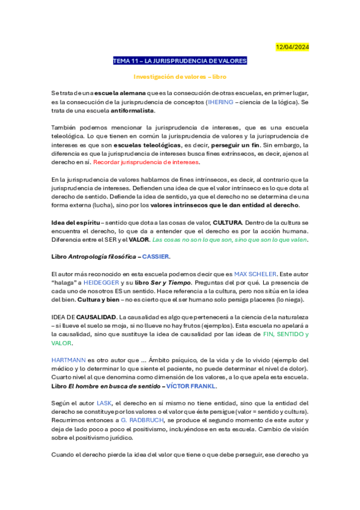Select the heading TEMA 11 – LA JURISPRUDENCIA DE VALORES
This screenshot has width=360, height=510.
click(180, 61)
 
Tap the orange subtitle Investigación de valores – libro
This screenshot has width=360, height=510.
click(180, 77)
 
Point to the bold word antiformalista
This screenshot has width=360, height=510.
click(132, 111)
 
